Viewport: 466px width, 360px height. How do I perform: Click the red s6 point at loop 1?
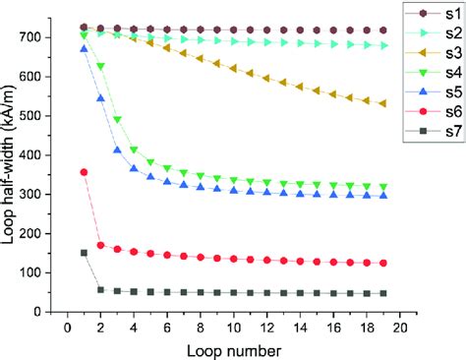click(x=84, y=172)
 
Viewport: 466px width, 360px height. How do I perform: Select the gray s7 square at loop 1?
click(x=84, y=253)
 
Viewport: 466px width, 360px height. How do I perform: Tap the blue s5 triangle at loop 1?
click(x=84, y=48)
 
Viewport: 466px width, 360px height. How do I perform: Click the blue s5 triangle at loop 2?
click(x=100, y=98)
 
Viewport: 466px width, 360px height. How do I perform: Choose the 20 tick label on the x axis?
click(x=399, y=328)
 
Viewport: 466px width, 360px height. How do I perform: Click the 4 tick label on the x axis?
click(x=134, y=328)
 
